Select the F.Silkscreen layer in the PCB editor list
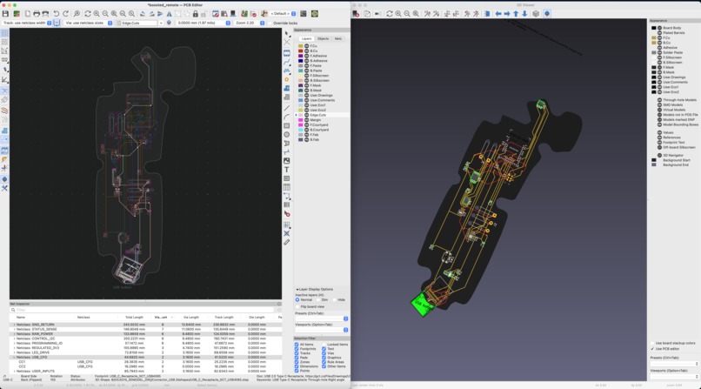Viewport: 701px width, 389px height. pos(320,76)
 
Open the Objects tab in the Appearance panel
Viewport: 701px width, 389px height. pos(323,38)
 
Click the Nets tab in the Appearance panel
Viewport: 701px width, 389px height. pos(337,38)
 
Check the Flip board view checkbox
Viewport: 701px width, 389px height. pos(298,306)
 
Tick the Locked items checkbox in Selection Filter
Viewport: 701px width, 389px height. pos(325,345)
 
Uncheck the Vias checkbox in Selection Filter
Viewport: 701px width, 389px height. pos(325,353)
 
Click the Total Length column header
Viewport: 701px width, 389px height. pos(134,317)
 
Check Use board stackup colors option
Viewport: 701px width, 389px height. pos(652,343)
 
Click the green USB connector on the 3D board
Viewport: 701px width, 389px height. pos(424,303)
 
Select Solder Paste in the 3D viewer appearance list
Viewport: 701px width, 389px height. pos(671,52)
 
